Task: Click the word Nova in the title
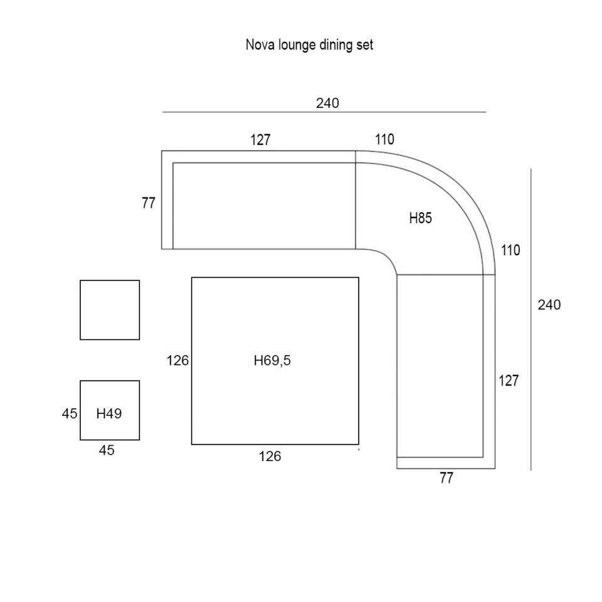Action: (257, 45)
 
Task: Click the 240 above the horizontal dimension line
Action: (327, 103)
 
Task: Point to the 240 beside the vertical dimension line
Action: (549, 305)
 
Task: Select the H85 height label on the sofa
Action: (421, 219)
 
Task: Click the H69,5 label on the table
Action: (273, 361)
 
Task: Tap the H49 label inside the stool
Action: (109, 414)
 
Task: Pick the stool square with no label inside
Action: (110, 310)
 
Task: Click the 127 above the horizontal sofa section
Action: (260, 140)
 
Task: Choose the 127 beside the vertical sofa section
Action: (509, 381)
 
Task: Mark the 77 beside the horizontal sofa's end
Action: (149, 204)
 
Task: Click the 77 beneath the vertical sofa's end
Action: (446, 478)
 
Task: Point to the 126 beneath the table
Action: (270, 457)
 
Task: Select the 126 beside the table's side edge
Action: (178, 361)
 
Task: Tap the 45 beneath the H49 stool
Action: (107, 450)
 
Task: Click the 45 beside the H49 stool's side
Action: (70, 414)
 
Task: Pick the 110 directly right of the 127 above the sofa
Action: (385, 140)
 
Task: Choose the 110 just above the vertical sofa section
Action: (510, 251)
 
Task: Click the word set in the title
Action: (365, 45)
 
